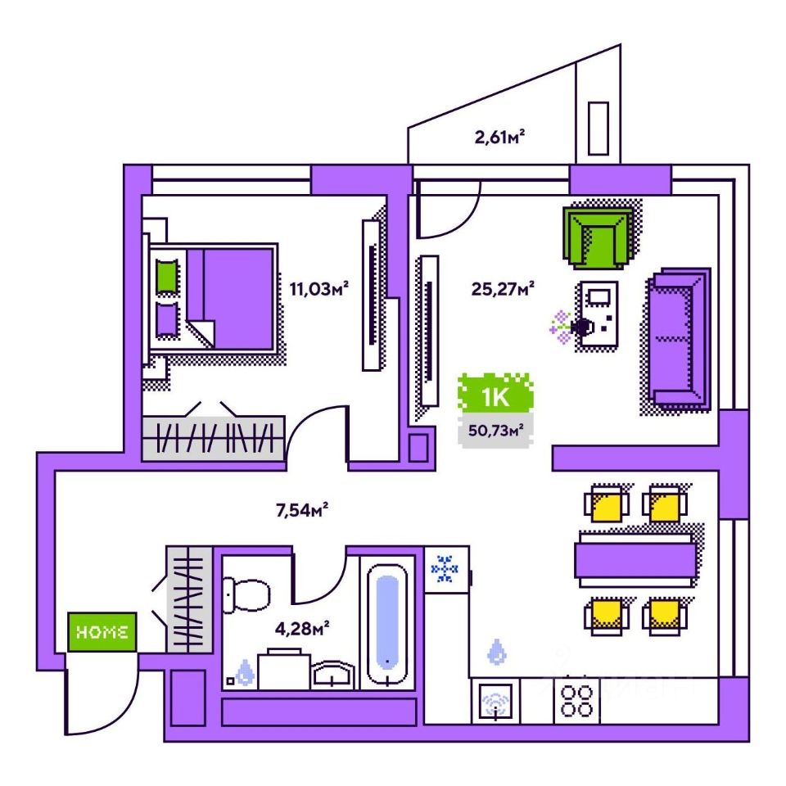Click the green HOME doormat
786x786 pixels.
pos(102,632)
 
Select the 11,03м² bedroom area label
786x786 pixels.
pos(319,287)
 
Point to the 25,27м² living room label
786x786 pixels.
pos(503,287)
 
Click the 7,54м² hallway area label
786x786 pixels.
pos(301,511)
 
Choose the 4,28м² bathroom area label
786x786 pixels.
pos(302,629)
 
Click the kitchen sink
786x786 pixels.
pos(496,702)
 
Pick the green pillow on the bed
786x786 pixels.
pos(167,276)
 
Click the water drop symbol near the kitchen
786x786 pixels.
pos(496,653)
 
